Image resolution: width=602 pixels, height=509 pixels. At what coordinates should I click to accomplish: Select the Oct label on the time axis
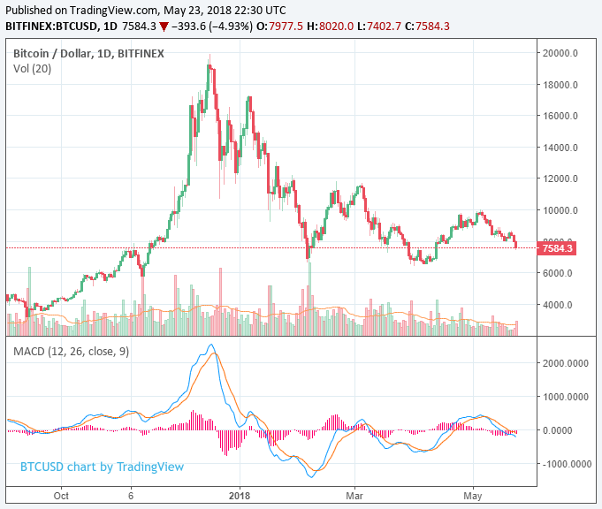[60, 496]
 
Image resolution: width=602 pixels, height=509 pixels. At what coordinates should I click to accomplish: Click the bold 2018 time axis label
[240, 496]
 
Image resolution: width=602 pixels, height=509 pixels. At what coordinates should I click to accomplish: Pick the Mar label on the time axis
[355, 496]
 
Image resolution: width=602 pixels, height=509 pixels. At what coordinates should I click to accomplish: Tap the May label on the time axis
[472, 496]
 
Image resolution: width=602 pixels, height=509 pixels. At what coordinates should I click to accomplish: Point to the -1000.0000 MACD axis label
[566, 464]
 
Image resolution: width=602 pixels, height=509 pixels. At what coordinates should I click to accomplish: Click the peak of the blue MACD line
[210, 346]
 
